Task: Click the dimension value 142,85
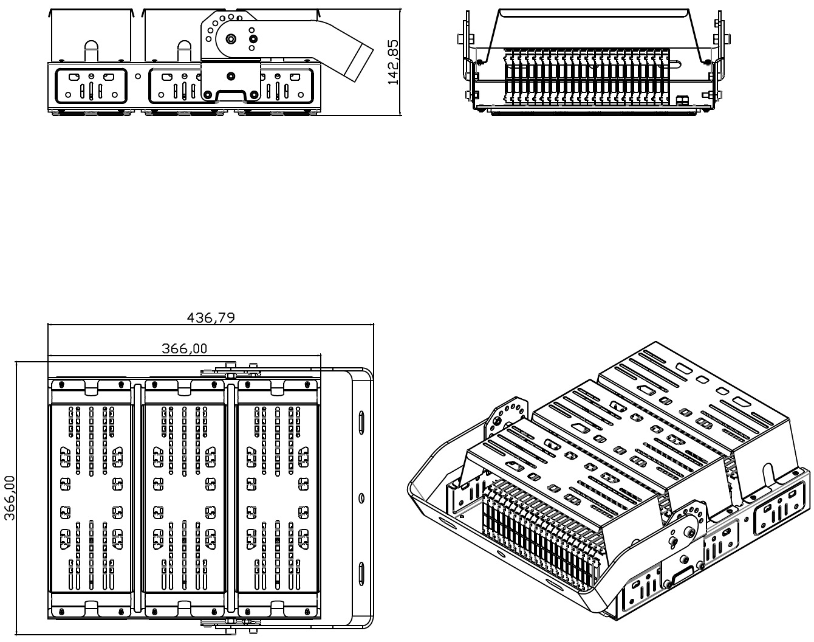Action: pyautogui.click(x=393, y=61)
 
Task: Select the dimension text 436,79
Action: pyautogui.click(x=210, y=317)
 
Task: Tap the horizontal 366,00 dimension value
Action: pyautogui.click(x=184, y=348)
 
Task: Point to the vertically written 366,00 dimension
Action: pyautogui.click(x=10, y=498)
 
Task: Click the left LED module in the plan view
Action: pyautogui.click(x=91, y=498)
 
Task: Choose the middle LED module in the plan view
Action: pyautogui.click(x=185, y=498)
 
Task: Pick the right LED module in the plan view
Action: pyautogui.click(x=278, y=498)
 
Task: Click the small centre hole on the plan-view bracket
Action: pyautogui.click(x=361, y=498)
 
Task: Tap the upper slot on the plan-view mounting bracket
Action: pyautogui.click(x=361, y=422)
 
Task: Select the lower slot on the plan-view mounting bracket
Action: pyautogui.click(x=361, y=573)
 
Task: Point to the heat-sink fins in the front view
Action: pyautogui.click(x=587, y=76)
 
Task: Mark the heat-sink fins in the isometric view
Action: pyautogui.click(x=541, y=529)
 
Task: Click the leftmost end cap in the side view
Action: pyautogui.click(x=91, y=86)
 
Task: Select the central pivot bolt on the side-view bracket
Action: pyautogui.click(x=231, y=39)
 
